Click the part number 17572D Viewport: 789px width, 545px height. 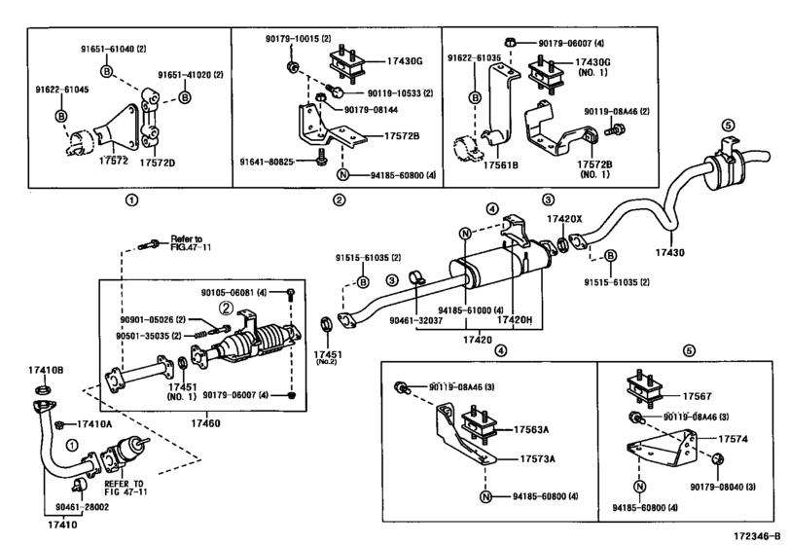click(x=157, y=163)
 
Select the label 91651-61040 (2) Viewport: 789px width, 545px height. click(x=114, y=49)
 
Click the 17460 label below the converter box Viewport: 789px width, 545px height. click(x=205, y=423)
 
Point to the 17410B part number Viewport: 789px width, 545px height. click(x=46, y=371)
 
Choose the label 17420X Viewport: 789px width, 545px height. click(x=564, y=219)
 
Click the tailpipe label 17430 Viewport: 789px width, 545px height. click(x=669, y=252)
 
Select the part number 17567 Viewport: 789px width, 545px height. click(x=697, y=396)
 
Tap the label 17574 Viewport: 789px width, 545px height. click(x=733, y=439)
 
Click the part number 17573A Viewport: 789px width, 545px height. click(x=537, y=459)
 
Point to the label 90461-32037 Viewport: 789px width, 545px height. click(x=416, y=320)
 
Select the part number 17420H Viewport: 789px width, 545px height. click(x=515, y=319)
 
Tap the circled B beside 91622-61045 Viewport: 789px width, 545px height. click(x=61, y=116)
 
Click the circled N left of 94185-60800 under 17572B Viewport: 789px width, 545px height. click(x=342, y=175)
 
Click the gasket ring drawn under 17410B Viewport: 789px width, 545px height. click(x=43, y=390)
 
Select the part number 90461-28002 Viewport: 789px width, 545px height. click(x=82, y=507)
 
